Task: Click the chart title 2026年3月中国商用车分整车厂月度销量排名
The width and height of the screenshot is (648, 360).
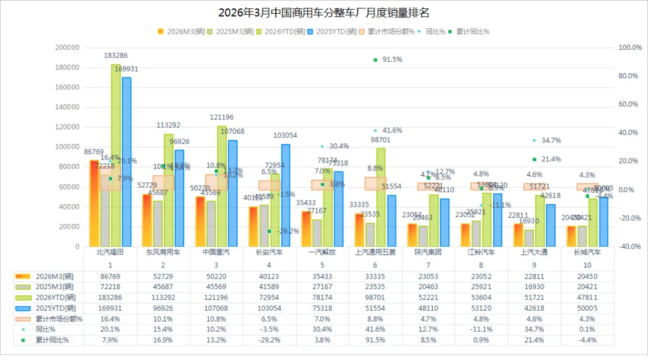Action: coord(323,13)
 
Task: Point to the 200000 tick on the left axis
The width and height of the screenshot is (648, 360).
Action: coord(67,47)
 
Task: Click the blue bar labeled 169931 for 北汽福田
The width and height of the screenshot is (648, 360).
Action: coord(126,162)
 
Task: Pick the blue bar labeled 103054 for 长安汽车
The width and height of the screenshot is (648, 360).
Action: coord(286,195)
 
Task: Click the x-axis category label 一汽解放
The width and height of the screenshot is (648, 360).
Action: coord(322,253)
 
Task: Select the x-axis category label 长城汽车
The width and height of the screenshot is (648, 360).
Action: coord(587,253)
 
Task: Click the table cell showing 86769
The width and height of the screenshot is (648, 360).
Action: coord(110,276)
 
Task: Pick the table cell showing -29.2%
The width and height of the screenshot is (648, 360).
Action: coord(269,340)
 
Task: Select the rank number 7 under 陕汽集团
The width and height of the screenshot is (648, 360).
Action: coord(428,265)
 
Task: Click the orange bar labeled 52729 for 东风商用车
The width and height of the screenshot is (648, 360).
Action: coord(147,220)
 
